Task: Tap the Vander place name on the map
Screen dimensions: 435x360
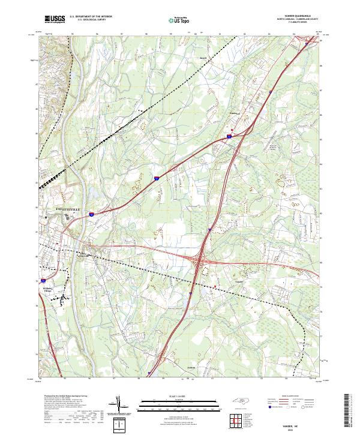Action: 239,281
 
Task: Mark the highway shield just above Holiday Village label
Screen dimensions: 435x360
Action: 43,280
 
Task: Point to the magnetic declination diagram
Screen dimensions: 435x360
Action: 119,406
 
